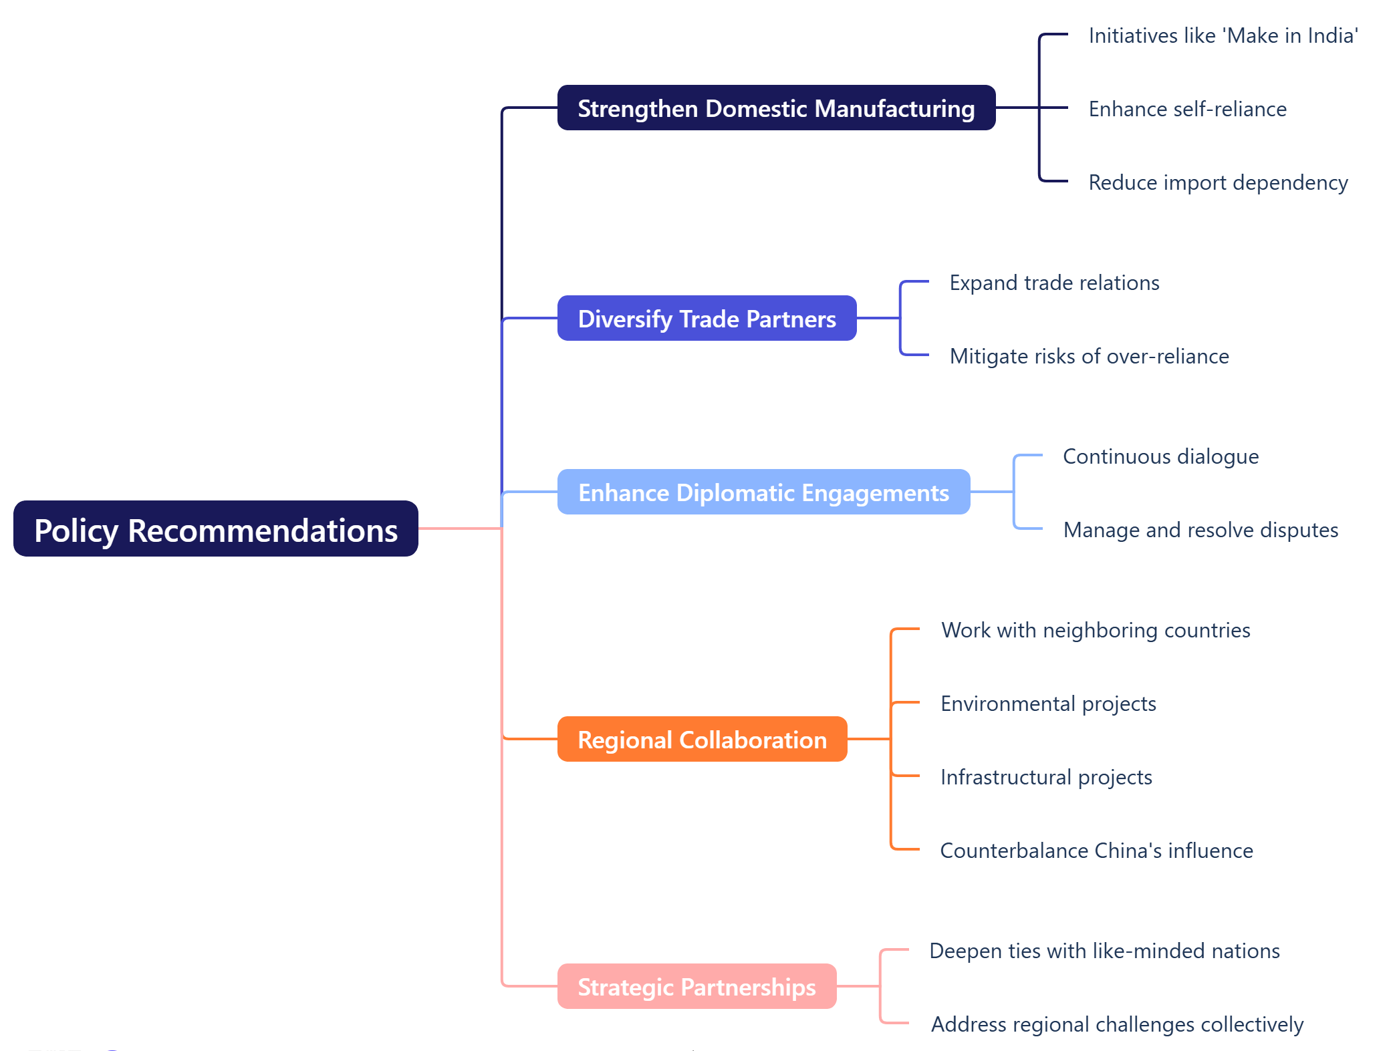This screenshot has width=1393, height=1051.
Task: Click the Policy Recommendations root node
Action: point(215,529)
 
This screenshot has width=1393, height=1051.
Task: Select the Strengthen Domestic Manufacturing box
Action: point(776,108)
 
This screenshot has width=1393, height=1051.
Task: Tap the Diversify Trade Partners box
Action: point(707,319)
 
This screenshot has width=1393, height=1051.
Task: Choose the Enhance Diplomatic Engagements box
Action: point(763,492)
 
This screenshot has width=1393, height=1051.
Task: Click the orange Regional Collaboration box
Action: point(702,740)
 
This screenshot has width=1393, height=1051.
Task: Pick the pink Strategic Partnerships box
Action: point(696,987)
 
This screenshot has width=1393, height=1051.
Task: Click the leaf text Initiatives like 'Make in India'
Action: point(1223,35)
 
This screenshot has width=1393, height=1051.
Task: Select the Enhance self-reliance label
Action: point(1187,109)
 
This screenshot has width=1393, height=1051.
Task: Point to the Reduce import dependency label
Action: point(1218,182)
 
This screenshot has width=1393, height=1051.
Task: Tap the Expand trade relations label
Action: point(1054,283)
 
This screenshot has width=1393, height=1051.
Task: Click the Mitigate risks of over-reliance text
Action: point(1089,356)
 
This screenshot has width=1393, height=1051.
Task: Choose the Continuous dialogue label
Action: point(1160,456)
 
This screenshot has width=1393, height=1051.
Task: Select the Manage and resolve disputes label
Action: point(1200,530)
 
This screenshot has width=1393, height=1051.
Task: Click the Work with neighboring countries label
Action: point(1096,630)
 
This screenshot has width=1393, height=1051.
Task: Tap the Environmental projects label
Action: point(1048,704)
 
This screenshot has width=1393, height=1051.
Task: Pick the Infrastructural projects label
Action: point(1046,777)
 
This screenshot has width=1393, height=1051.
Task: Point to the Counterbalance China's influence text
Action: point(1096,851)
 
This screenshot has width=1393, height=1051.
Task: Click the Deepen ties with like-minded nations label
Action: point(1104,951)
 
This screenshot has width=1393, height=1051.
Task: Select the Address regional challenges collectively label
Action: point(1117,1024)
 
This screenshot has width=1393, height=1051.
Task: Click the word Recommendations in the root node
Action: point(263,531)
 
